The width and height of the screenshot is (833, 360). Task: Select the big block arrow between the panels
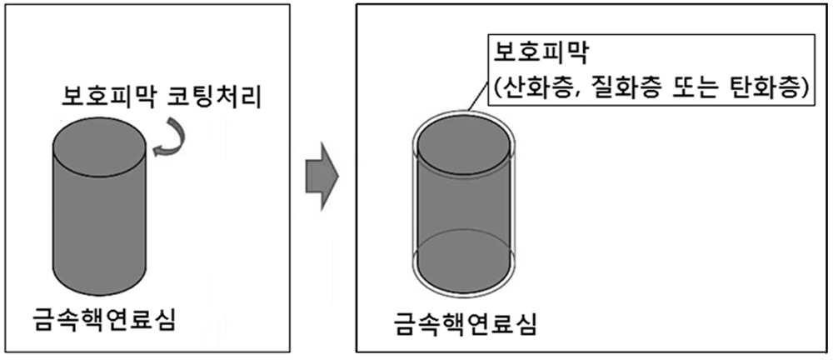[x=322, y=176]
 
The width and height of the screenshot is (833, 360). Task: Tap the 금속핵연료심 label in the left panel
[x=103, y=320]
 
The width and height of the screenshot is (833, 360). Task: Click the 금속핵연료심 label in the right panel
[x=465, y=324]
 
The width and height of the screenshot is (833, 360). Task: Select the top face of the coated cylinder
[x=464, y=145]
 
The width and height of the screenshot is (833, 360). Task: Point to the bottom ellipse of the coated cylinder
[x=464, y=261]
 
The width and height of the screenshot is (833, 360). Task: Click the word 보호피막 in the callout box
[x=539, y=52]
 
